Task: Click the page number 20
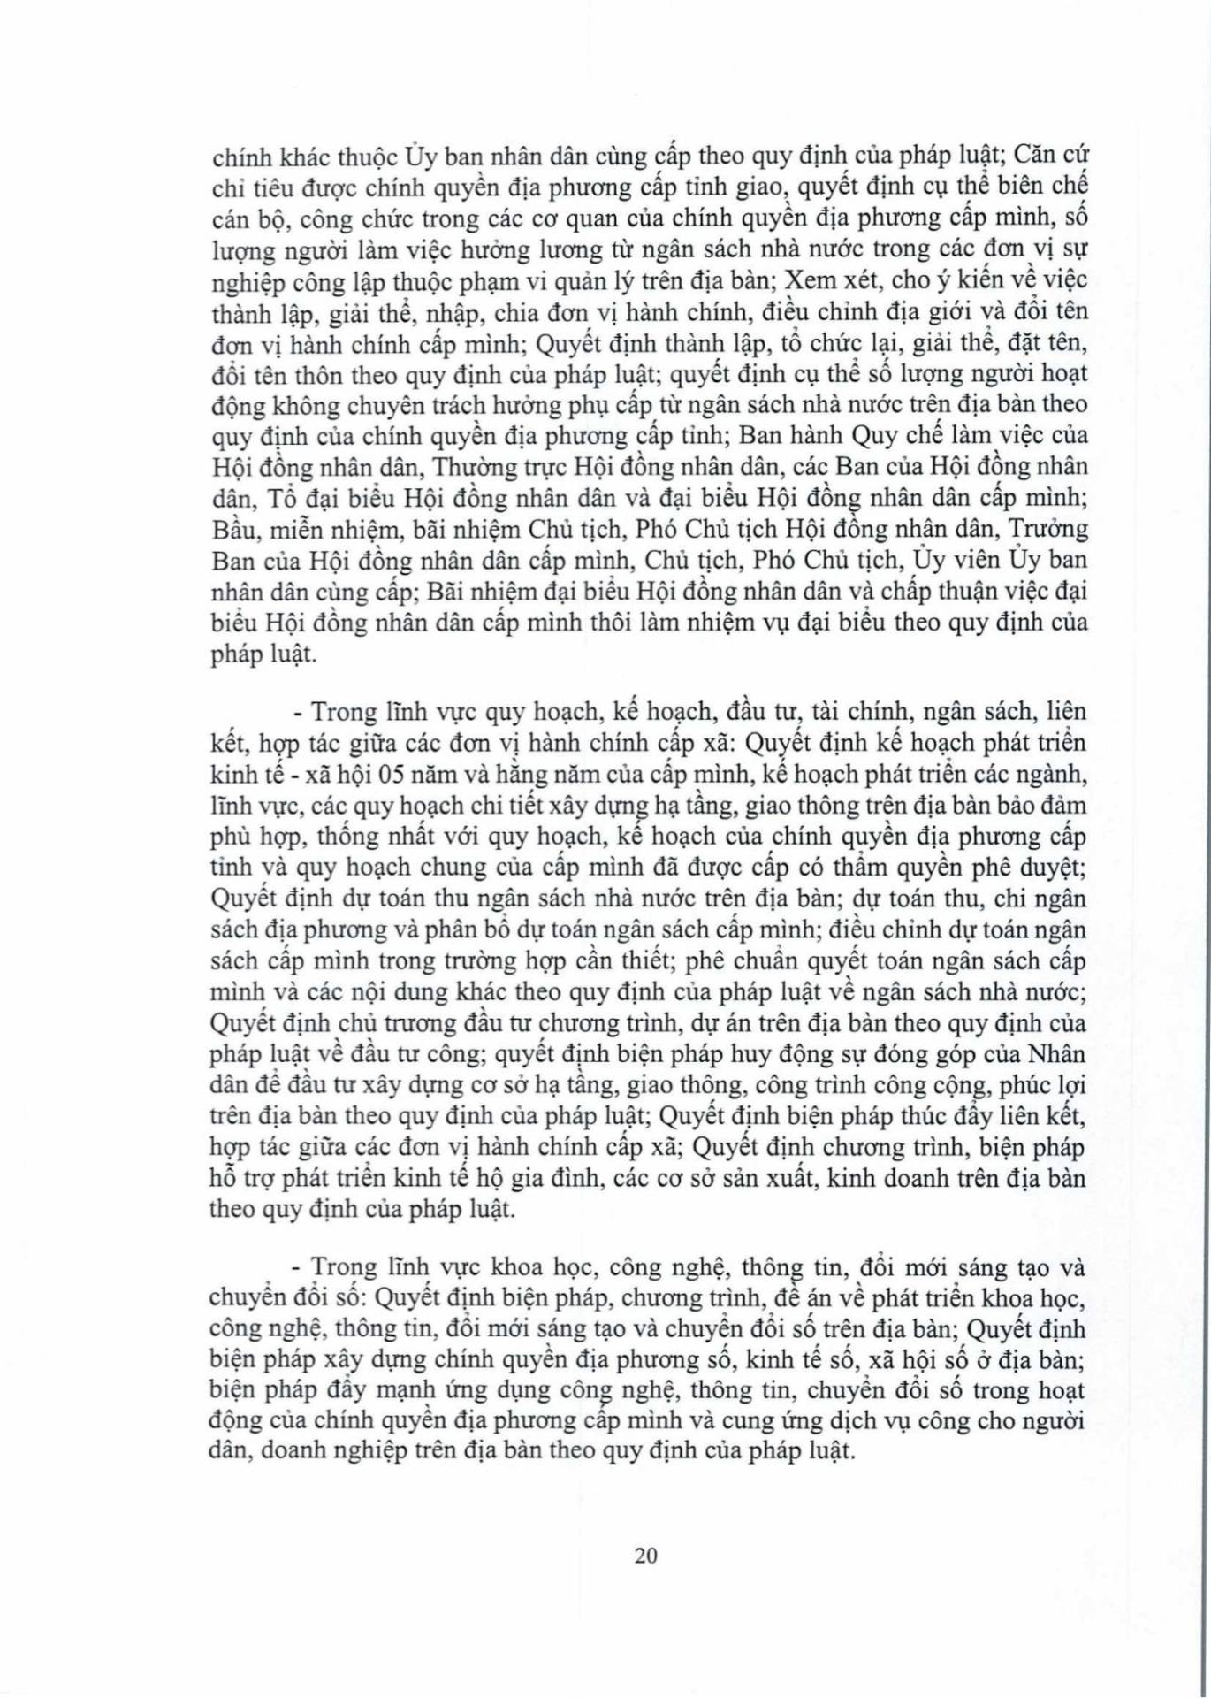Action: tap(645, 1555)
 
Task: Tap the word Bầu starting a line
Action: tap(232, 529)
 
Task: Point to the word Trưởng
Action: tap(1047, 529)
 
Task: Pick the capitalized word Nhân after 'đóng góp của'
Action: tap(1057, 1054)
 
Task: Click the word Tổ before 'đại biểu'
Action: tap(275, 498)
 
